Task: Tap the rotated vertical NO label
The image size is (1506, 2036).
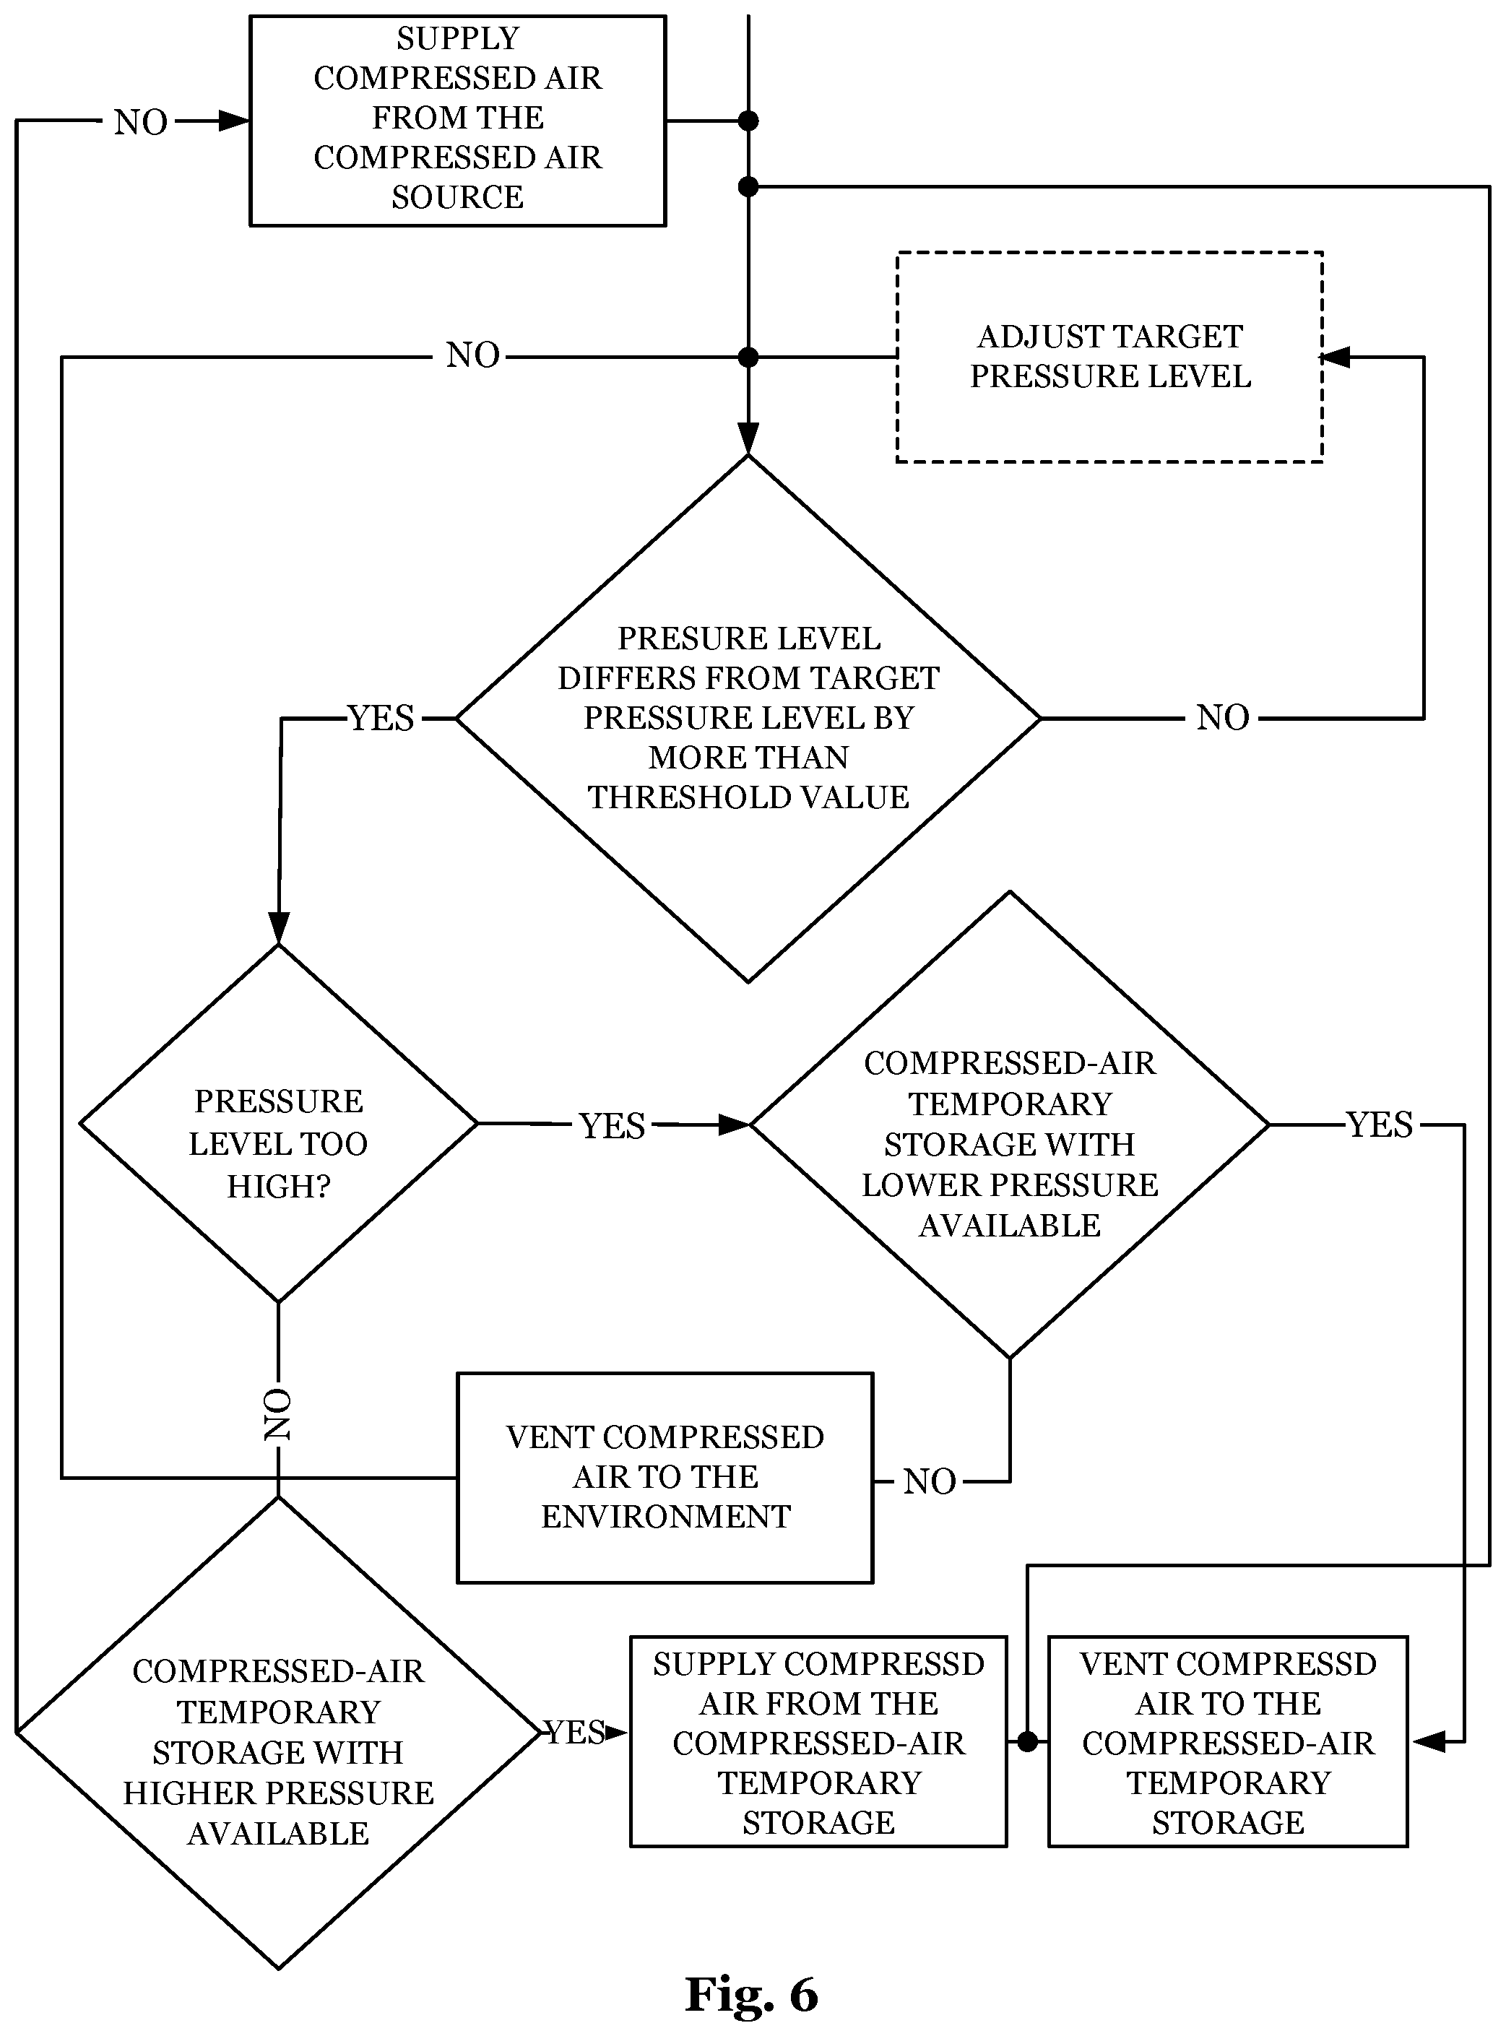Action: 277,1414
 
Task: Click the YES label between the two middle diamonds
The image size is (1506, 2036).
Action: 612,1125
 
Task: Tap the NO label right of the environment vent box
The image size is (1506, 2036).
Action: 929,1482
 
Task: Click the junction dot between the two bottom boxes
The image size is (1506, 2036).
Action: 1027,1741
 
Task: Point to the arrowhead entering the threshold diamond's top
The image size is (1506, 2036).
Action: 748,438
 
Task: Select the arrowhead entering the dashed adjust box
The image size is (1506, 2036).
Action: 1336,358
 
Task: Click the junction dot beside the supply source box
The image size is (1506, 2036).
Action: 748,121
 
